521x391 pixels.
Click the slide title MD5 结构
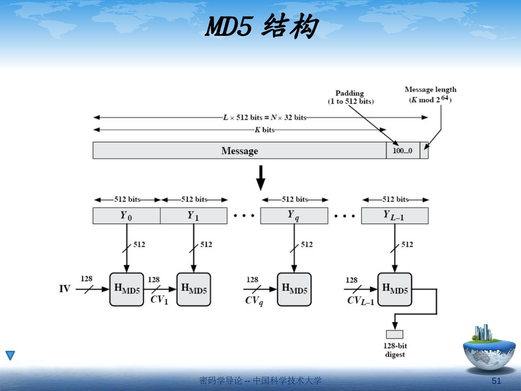(x=261, y=26)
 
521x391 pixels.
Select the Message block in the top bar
(x=240, y=151)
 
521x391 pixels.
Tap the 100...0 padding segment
(x=403, y=151)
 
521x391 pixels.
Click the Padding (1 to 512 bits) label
(x=350, y=97)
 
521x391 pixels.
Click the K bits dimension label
(x=265, y=130)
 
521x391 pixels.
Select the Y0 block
(x=126, y=216)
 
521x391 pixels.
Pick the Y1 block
(x=194, y=216)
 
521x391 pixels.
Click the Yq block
(x=294, y=216)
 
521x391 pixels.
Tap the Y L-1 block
(x=394, y=216)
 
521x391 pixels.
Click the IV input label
(x=65, y=289)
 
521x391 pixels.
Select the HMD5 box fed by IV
(x=127, y=289)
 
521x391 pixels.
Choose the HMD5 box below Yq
(x=294, y=289)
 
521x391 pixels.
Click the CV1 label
(x=159, y=300)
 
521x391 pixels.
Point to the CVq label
(x=254, y=300)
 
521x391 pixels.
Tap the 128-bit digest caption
(x=395, y=350)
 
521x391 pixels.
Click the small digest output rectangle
(x=394, y=334)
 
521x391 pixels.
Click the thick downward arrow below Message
(x=260, y=177)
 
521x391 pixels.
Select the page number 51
(x=496, y=381)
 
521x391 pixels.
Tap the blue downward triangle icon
(x=10, y=355)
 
